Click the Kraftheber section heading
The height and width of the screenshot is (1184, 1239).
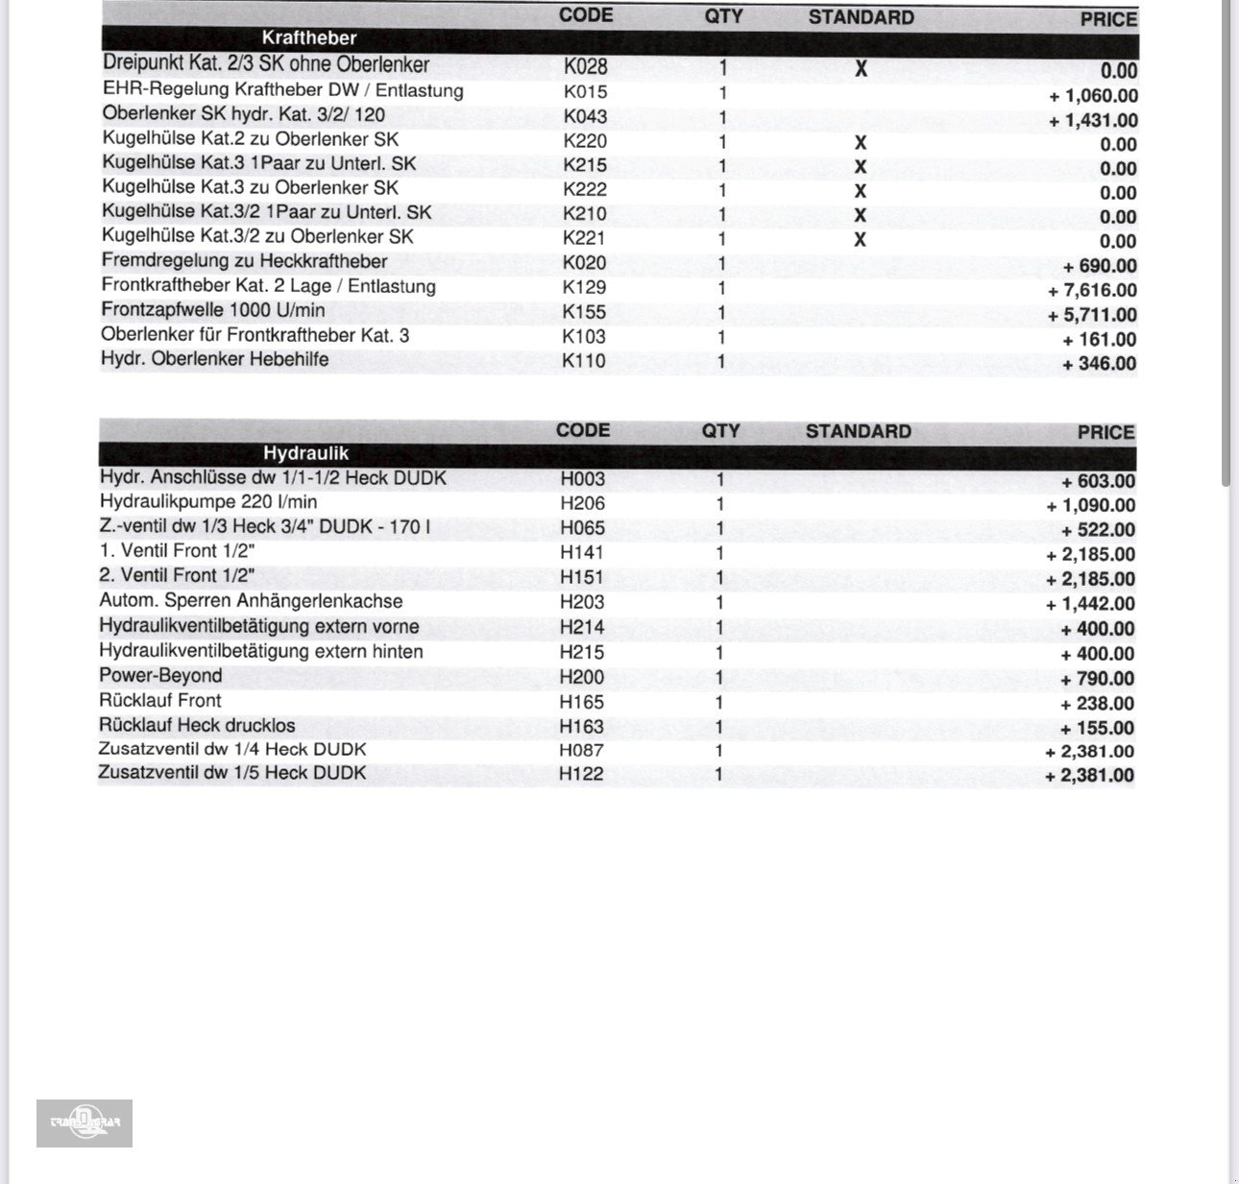(308, 38)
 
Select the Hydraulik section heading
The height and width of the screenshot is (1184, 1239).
(305, 453)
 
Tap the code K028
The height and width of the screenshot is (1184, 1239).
(585, 67)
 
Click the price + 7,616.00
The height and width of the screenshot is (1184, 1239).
(1093, 290)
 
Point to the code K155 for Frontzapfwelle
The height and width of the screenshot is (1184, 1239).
(584, 312)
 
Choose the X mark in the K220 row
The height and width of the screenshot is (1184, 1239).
(861, 142)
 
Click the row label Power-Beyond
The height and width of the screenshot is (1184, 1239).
(160, 676)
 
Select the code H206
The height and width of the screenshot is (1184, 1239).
(582, 503)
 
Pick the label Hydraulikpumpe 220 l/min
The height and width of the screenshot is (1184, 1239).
(207, 502)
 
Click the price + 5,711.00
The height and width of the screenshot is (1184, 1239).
(1093, 315)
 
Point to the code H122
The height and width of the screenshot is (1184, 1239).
(581, 774)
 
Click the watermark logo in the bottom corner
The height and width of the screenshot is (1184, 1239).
(85, 1123)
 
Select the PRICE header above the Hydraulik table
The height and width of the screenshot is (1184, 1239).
(1105, 432)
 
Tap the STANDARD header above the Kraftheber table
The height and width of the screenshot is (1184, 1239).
(861, 17)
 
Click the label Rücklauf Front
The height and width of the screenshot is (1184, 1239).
(159, 701)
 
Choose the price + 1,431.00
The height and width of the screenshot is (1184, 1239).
(1093, 120)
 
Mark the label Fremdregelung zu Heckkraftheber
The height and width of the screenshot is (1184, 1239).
(244, 261)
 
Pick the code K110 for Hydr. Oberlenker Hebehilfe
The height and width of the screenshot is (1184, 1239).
(584, 361)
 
